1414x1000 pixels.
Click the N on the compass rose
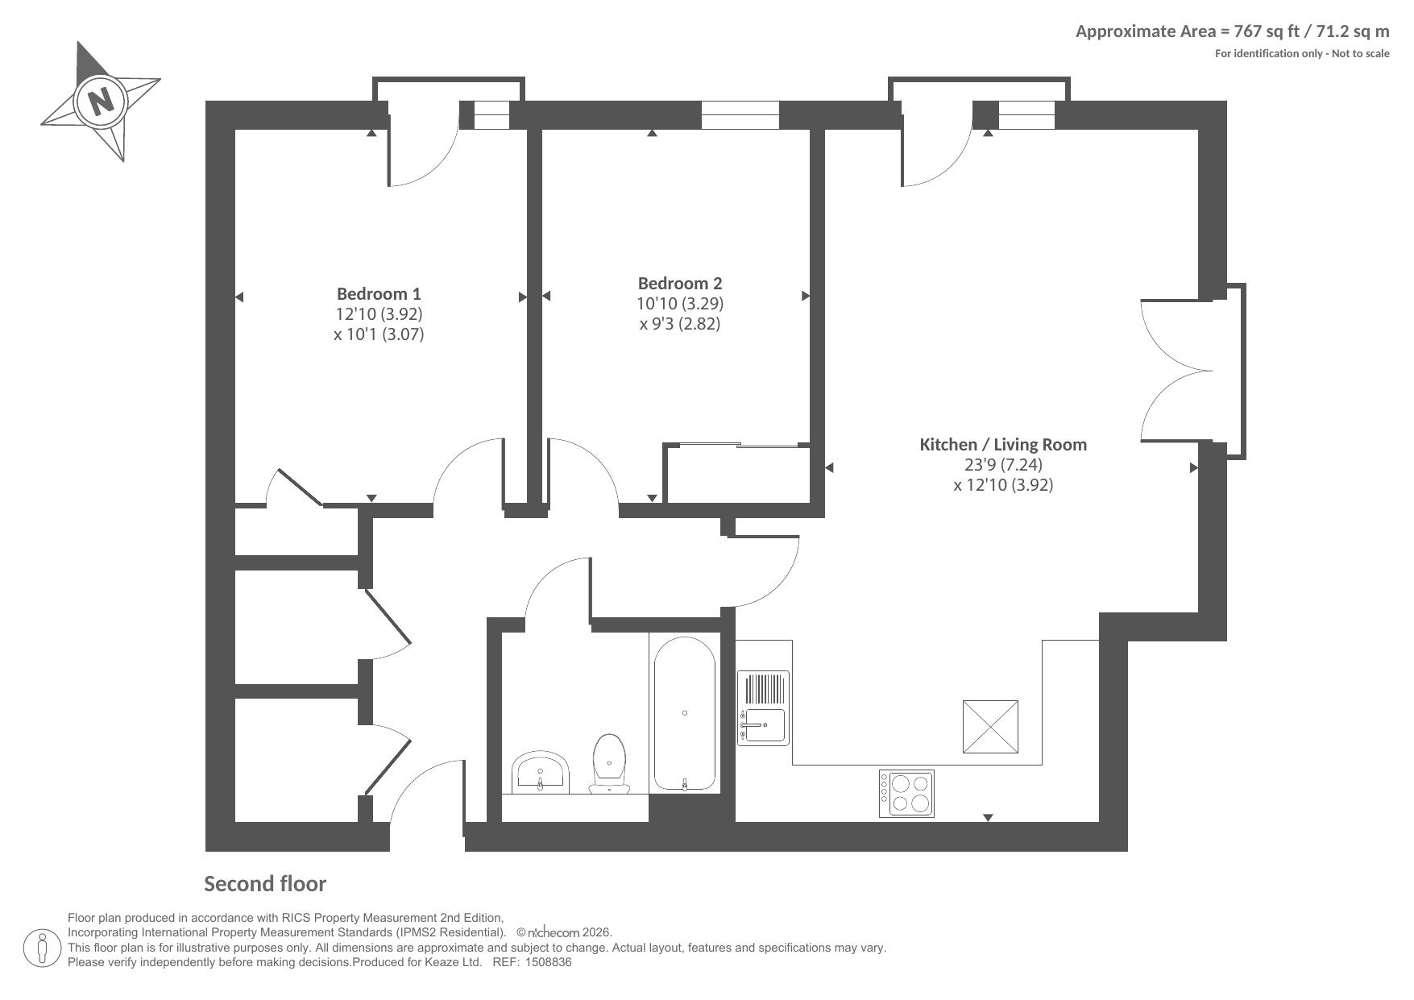(100, 102)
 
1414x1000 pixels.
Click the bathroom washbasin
(541, 773)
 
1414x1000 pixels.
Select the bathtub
(684, 713)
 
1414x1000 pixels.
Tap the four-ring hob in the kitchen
(906, 794)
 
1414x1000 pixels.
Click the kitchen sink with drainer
(763, 708)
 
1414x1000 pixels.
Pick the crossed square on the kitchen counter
(990, 727)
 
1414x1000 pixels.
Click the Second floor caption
(265, 884)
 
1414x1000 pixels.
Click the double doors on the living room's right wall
(1177, 371)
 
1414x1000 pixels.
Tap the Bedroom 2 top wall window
(740, 115)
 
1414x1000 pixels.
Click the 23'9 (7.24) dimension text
(1003, 464)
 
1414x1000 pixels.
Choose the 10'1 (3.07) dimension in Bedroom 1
(379, 334)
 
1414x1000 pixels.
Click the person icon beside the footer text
(43, 948)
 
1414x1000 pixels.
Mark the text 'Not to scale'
(1361, 53)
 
